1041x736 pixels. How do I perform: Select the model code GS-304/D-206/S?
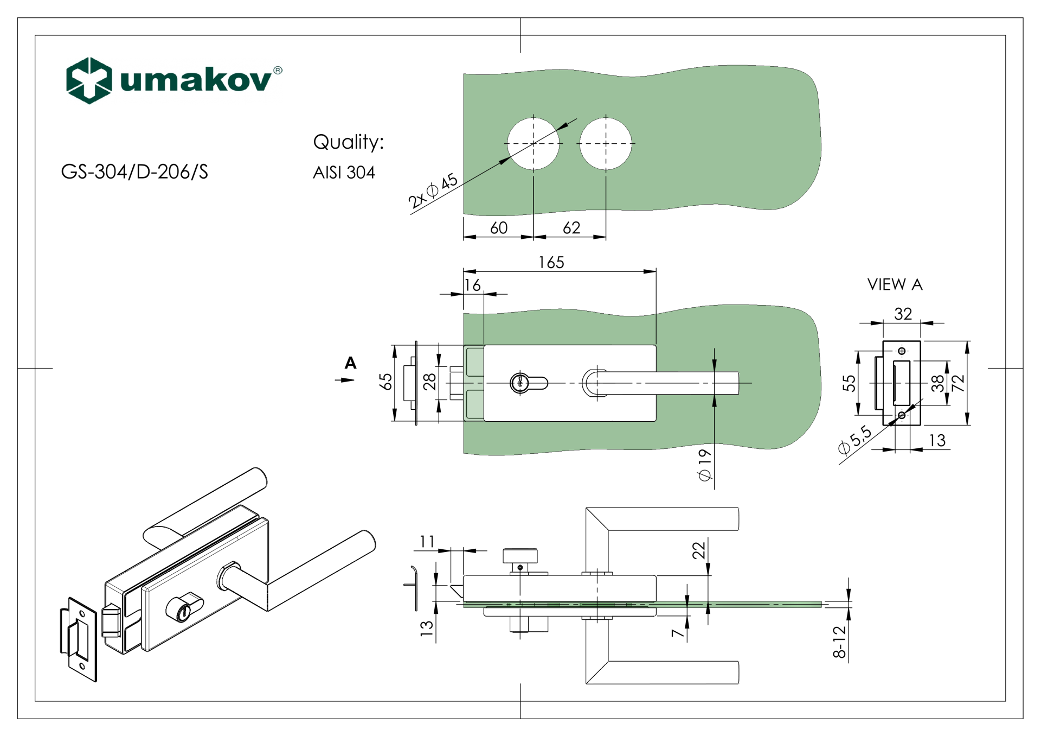tap(134, 172)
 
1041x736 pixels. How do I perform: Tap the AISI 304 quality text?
tap(344, 173)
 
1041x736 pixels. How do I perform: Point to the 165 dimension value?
tap(551, 263)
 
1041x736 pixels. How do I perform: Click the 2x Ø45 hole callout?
tap(433, 191)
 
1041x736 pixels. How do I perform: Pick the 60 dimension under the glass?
tap(498, 228)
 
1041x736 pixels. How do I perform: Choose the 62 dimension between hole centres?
tap(571, 228)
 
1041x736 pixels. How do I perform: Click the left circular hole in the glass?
tap(534, 144)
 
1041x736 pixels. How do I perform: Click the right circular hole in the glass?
tap(606, 144)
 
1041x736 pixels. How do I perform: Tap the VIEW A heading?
tap(895, 284)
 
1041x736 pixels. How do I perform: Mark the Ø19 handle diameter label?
tap(704, 465)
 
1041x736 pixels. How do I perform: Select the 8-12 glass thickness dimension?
tap(839, 642)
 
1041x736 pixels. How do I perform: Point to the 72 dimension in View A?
tap(959, 383)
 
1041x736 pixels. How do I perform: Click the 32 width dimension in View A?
tap(903, 314)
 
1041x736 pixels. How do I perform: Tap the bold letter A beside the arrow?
tap(351, 363)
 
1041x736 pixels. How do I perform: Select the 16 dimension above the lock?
tap(473, 285)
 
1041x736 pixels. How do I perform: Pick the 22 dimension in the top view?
tap(699, 550)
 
